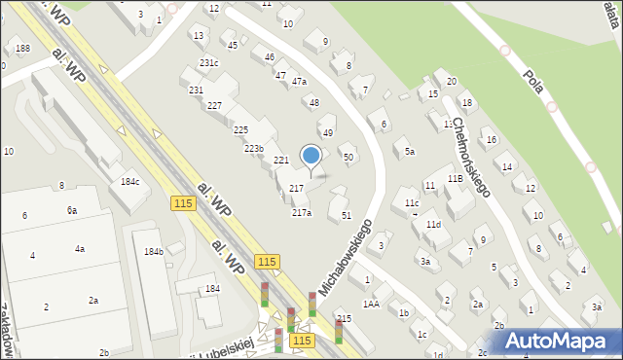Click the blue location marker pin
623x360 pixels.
click(x=311, y=155)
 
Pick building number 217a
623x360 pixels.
click(x=302, y=212)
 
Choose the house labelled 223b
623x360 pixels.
click(x=254, y=148)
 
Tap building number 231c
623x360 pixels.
click(x=209, y=63)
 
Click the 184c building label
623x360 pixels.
click(x=129, y=181)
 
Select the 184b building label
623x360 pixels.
click(x=154, y=252)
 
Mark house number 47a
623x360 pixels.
click(x=299, y=82)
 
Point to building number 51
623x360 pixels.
click(x=346, y=215)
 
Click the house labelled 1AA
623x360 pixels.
click(x=371, y=304)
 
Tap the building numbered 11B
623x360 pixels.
click(x=455, y=179)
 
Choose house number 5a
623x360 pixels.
click(x=410, y=152)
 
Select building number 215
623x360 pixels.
click(x=344, y=319)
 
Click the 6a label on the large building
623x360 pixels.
click(x=72, y=210)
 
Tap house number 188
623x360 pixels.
click(x=21, y=49)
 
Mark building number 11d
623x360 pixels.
click(x=433, y=225)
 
